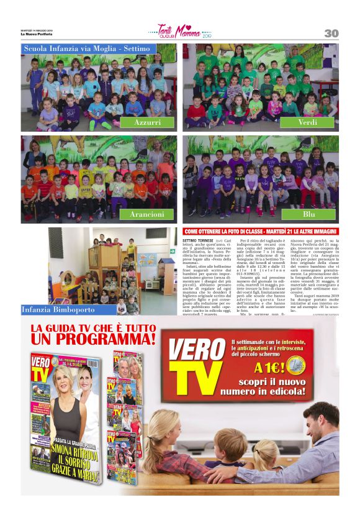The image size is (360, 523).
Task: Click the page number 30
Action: (331, 33)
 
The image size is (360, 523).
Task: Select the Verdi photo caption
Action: (307, 122)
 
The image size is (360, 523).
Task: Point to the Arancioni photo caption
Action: (147, 214)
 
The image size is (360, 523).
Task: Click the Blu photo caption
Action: (308, 214)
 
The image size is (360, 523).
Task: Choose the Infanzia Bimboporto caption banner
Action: (60, 309)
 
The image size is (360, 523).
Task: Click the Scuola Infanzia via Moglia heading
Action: (87, 48)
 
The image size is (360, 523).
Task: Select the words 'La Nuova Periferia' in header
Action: (36, 34)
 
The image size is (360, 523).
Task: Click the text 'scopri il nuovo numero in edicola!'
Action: (268, 387)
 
